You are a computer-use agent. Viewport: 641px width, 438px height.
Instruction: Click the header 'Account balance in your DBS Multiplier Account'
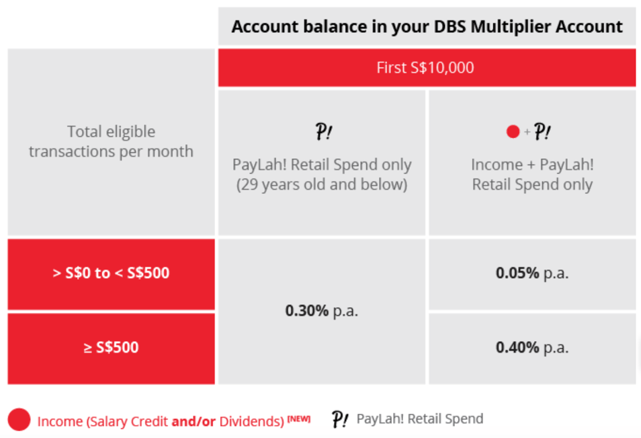[x=427, y=27]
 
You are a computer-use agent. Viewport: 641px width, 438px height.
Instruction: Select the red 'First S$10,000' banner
[x=427, y=68]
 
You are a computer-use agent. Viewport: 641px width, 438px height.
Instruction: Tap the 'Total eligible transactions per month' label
[x=111, y=141]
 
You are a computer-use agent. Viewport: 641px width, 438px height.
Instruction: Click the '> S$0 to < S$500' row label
[x=111, y=273]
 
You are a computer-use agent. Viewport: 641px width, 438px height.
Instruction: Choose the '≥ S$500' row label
[x=111, y=347]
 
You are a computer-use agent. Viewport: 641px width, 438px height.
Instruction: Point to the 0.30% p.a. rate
[x=322, y=311]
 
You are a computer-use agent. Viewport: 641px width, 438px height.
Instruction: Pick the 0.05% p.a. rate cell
[x=532, y=273]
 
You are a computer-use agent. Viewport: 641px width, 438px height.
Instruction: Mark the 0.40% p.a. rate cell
[x=532, y=347]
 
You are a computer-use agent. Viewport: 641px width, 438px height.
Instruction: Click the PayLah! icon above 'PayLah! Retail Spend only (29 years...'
[x=323, y=132]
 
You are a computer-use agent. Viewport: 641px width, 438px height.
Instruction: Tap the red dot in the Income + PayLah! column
[x=513, y=133]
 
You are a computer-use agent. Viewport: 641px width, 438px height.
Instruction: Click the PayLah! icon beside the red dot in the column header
[x=542, y=132]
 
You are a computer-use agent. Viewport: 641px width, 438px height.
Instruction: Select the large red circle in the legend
[x=19, y=420]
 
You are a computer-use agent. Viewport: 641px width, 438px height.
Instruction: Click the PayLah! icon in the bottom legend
[x=341, y=419]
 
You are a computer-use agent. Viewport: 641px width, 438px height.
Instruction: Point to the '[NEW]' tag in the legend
[x=299, y=418]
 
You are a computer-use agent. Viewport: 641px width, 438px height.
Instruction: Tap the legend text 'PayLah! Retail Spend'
[x=419, y=418]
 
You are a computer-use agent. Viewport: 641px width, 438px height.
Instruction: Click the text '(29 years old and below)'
[x=322, y=184]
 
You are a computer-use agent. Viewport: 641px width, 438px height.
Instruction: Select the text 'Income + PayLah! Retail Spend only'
[x=532, y=174]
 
